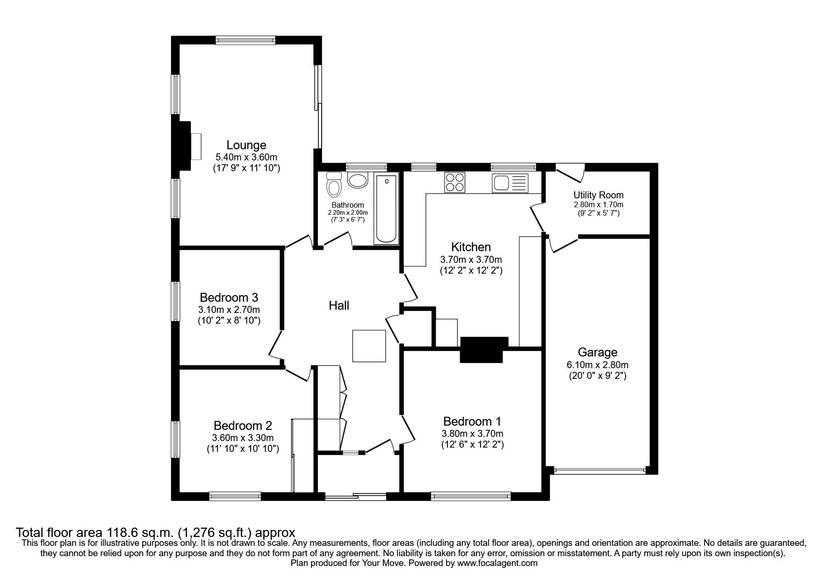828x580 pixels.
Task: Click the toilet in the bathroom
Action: coord(334,186)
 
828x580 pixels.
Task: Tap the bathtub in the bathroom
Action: coord(386,209)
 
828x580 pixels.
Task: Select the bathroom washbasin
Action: coord(358,180)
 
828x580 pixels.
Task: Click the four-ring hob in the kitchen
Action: coord(455,182)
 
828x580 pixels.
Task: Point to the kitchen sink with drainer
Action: coord(510,182)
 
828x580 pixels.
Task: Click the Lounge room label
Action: coord(246,145)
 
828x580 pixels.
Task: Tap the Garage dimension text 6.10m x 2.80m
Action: coord(598,365)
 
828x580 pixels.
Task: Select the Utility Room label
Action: coord(598,195)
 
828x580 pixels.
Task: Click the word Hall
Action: coord(339,305)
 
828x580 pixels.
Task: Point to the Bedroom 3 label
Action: coord(229,297)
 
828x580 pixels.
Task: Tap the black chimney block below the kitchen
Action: coord(484,349)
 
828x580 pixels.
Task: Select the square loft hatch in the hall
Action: coord(369,346)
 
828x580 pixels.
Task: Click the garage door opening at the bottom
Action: coord(598,471)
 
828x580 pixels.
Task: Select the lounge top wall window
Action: coord(245,41)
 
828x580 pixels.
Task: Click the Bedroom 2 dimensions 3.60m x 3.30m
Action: coord(243,438)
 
